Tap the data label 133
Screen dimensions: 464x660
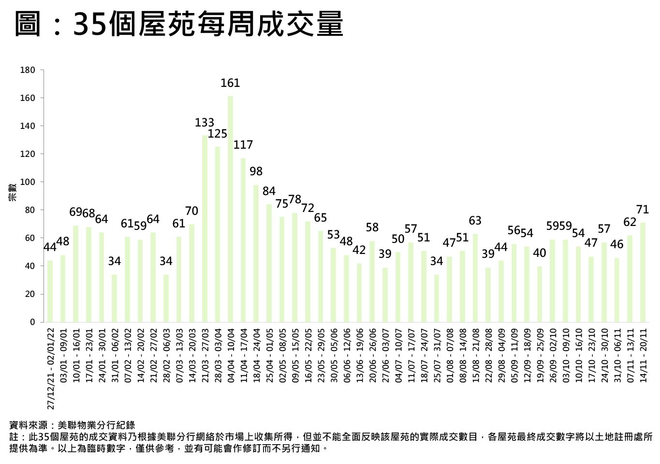point(205,123)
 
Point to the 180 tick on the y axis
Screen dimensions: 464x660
point(28,70)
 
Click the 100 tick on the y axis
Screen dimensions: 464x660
point(28,182)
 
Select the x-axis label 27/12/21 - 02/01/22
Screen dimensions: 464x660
point(50,367)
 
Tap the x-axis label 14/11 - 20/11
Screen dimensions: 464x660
point(643,355)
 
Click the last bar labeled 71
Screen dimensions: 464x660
point(643,272)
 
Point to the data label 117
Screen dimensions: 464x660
point(243,145)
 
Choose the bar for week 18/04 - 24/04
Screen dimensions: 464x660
point(256,253)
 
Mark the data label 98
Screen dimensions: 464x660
point(256,171)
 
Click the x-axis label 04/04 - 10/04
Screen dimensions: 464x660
point(231,355)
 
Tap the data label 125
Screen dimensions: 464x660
point(218,134)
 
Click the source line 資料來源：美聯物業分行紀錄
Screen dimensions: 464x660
point(72,425)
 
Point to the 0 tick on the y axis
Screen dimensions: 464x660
point(32,322)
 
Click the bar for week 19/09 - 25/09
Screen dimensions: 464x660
point(540,294)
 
